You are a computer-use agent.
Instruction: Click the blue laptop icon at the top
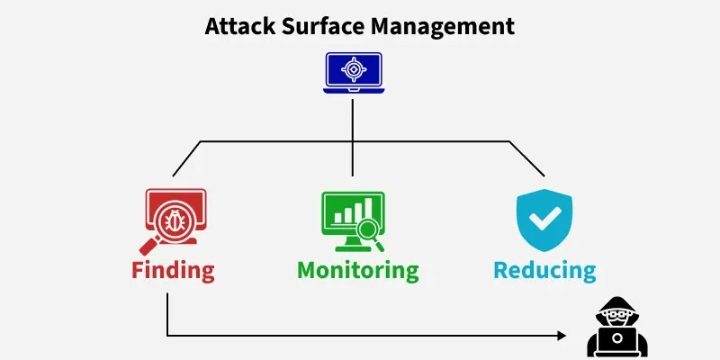[353, 72]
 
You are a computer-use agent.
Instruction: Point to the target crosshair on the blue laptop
[353, 67]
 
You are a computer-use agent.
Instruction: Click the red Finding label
[173, 269]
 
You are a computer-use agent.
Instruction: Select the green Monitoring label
[357, 269]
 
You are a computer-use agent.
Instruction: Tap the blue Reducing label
[544, 269]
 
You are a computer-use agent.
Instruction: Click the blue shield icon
[544, 221]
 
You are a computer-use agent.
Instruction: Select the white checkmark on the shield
[544, 219]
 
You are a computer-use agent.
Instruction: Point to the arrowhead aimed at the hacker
[562, 336]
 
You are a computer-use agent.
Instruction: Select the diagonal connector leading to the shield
[527, 158]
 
